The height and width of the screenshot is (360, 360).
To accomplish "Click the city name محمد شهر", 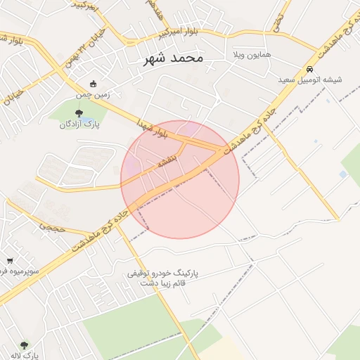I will coord(172,58).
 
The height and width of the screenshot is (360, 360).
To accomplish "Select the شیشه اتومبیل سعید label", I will coord(310,80).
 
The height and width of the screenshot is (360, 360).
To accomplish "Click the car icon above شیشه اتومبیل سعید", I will coord(310,69).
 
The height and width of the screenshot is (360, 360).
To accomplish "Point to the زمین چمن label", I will coord(94,93).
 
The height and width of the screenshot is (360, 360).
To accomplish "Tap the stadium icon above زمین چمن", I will coord(94,83).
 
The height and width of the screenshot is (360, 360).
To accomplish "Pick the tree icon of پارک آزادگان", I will coord(79,112).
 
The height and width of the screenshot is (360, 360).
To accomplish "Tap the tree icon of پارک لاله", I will coord(25,345).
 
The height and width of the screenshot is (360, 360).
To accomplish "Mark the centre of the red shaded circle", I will coord(180,179).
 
